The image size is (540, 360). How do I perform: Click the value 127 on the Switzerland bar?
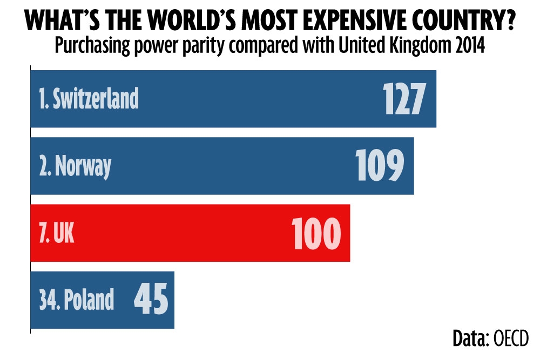[404, 98]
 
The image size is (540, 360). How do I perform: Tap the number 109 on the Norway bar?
[380, 165]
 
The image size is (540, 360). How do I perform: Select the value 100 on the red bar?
[316, 233]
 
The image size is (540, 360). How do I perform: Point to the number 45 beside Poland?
[151, 300]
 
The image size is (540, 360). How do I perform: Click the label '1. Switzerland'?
[89, 99]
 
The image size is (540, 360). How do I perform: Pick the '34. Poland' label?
[77, 300]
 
